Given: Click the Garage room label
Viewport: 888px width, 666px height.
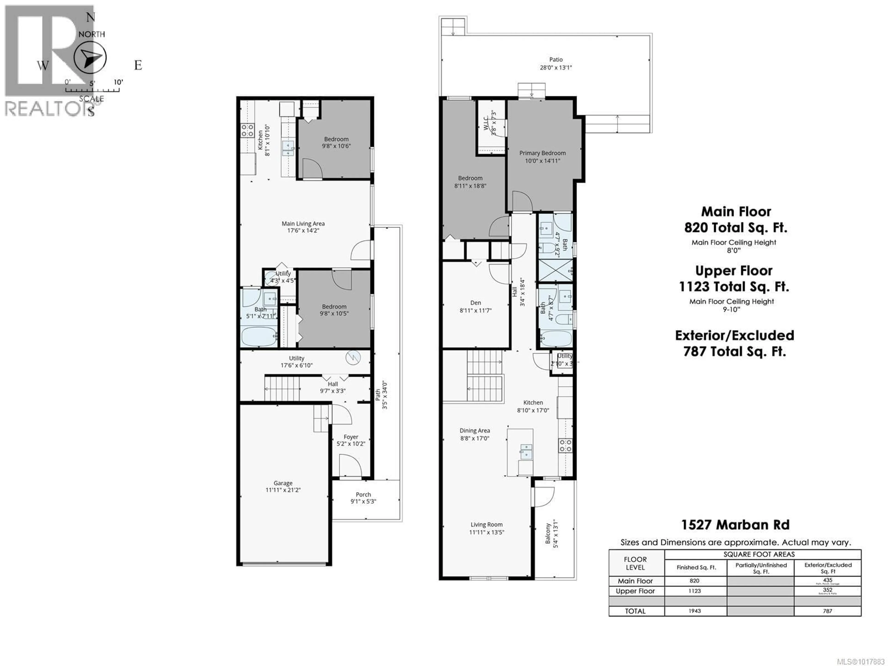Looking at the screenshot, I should (x=283, y=483).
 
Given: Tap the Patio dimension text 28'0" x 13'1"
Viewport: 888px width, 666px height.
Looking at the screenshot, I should (x=556, y=68).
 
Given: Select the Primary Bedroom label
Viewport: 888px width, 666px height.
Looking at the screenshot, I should (x=542, y=153).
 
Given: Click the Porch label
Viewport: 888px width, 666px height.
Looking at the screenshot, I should (x=363, y=495).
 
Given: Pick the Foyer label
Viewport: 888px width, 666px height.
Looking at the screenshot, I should (x=351, y=437).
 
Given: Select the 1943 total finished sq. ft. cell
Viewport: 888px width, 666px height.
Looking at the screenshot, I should (x=694, y=611).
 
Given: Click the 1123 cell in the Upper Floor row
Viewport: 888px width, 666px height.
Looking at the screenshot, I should (x=694, y=591).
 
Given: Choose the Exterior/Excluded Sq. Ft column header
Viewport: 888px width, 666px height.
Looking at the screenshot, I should (x=828, y=568).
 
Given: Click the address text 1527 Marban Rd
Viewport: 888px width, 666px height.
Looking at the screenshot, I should (x=735, y=525).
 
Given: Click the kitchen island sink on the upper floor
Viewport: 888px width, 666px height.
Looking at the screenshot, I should (x=526, y=451).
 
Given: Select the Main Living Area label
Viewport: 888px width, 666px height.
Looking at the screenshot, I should (x=303, y=224).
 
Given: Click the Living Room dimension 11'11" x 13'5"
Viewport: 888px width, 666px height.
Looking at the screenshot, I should (x=487, y=532).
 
